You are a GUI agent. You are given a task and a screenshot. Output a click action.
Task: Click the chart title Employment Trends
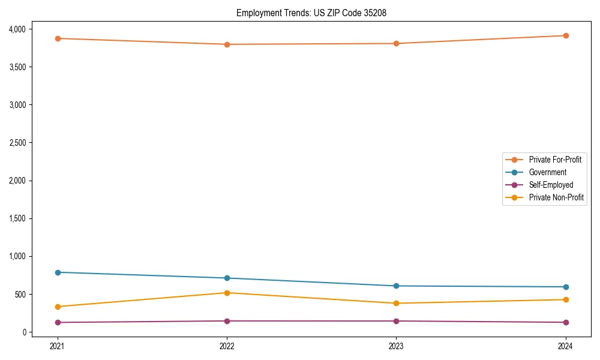[x=315, y=13]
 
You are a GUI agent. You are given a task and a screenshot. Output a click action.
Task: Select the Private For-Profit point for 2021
[x=58, y=38]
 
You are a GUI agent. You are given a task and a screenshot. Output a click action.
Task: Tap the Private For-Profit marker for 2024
[x=566, y=35]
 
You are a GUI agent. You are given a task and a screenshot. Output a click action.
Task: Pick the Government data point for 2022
[x=227, y=278]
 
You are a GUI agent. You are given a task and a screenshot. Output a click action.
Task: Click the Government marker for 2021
[x=58, y=272]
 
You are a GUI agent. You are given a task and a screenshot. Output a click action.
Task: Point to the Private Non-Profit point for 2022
[x=227, y=293]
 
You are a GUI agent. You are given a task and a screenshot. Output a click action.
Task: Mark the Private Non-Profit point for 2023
[x=397, y=303]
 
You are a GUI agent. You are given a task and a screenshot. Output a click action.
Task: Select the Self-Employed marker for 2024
[x=566, y=322]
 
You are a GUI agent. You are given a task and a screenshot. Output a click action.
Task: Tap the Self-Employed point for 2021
[x=58, y=322]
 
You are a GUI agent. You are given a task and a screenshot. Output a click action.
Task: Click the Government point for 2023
[x=397, y=286]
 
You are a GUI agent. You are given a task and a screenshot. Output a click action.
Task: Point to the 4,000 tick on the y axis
[x=16, y=29]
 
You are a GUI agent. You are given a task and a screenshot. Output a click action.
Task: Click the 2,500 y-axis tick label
[x=16, y=143]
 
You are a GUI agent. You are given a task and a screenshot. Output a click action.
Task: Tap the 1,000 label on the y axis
[x=16, y=256]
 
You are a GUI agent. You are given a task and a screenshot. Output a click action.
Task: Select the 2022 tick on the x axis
[x=227, y=346]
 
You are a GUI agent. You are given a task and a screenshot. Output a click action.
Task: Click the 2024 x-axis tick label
[x=566, y=346]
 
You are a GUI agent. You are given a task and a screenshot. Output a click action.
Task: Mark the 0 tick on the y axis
[x=25, y=332]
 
